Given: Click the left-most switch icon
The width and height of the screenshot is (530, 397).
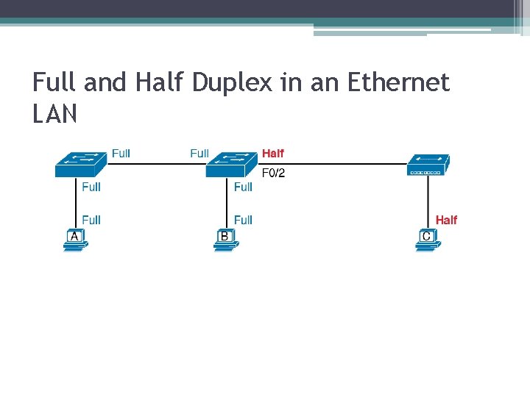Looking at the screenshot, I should pos(80,164).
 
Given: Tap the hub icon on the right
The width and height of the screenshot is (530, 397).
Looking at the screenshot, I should pos(428,165).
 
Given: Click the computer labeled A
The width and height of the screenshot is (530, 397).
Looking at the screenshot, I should pos(74,240).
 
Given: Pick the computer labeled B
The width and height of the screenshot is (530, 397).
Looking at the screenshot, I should pos(225,240).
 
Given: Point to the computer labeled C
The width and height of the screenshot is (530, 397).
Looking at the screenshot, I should pos(427,240).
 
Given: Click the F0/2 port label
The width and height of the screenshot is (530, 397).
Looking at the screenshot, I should pos(273,174).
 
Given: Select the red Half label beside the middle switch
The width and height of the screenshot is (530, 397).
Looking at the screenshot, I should pos(272,154).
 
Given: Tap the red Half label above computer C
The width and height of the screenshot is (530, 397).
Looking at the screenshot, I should pos(446,220).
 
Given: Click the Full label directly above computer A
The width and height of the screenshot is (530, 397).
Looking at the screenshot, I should pos(91,220).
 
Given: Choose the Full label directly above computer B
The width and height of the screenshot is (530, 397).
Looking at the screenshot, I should pos(243,220).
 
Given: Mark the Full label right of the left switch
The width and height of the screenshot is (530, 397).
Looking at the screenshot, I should pos(121,154).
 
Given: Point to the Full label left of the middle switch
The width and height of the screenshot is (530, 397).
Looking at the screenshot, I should pos(199,154).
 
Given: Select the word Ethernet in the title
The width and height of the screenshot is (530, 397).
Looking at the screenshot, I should pos(397,82).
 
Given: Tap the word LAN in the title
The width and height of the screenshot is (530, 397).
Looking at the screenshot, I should pos(55,114).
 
